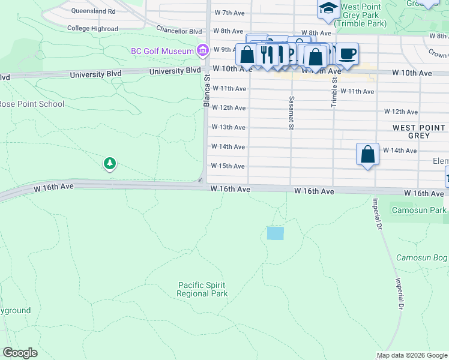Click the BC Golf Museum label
point(163,51)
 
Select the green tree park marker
point(109,163)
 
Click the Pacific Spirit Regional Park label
point(202,290)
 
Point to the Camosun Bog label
point(422,258)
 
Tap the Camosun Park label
point(419,210)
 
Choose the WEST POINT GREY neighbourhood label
point(419,131)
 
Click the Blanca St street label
point(206,91)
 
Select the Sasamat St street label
point(291,112)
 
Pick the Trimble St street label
point(334,92)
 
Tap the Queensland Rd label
point(93,11)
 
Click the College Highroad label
point(92,28)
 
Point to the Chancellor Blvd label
point(178,30)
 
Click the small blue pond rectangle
point(275,233)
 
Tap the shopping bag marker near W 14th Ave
point(368,154)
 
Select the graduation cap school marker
point(328,8)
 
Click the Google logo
point(20,353)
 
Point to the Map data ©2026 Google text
point(412,355)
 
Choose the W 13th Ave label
point(229,127)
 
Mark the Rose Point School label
point(32,104)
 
